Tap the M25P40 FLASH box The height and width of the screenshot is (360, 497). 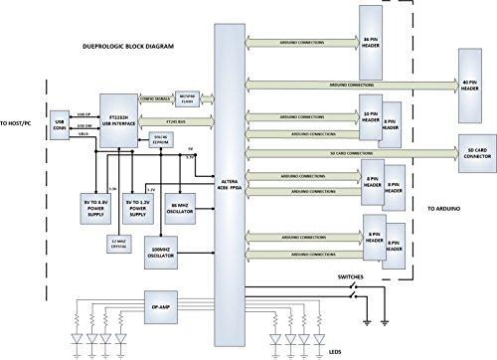(187, 96)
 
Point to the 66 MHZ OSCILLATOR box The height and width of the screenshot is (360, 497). (181, 207)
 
